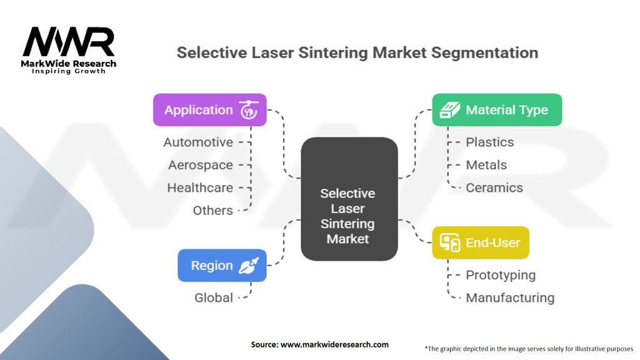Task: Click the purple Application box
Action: pyautogui.click(x=210, y=110)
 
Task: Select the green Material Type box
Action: pyautogui.click(x=497, y=110)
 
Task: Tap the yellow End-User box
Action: pyautogui.click(x=481, y=242)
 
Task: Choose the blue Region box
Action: pyautogui.click(x=222, y=265)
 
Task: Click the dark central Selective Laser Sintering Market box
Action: pyautogui.click(x=349, y=199)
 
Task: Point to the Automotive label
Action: pyautogui.click(x=198, y=142)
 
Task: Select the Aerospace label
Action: pyautogui.click(x=201, y=165)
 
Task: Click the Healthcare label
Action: pyautogui.click(x=200, y=187)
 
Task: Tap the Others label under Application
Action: pyautogui.click(x=212, y=211)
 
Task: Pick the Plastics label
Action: pyautogui.click(x=490, y=142)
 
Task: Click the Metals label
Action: pyautogui.click(x=486, y=165)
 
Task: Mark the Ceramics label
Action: pyautogui.click(x=494, y=187)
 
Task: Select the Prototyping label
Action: pyautogui.click(x=501, y=276)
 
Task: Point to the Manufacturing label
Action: pyautogui.click(x=510, y=298)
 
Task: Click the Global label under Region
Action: pyautogui.click(x=214, y=298)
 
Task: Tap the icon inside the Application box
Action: pyautogui.click(x=249, y=110)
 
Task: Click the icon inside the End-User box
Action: pyautogui.click(x=450, y=242)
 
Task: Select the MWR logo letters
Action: pyautogui.click(x=69, y=42)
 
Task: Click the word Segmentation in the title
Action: pyautogui.click(x=484, y=53)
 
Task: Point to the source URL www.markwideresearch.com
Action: pyautogui.click(x=334, y=344)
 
